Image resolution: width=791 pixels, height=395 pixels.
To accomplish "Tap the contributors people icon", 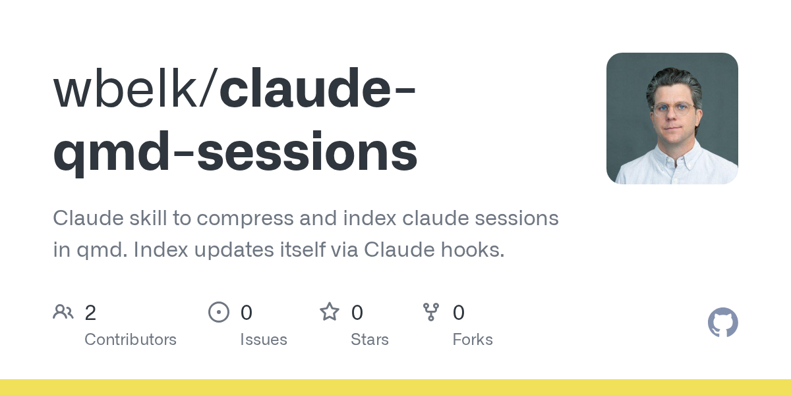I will pos(63,311).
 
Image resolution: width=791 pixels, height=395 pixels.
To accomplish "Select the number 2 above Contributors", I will pos(90,313).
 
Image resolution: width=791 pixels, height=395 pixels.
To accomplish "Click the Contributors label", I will pos(131,340).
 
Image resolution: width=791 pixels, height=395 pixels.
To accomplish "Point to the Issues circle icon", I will pos(218,312).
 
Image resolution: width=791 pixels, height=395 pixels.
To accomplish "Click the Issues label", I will pos(264,340).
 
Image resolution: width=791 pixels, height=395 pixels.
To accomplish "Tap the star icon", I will pos(329,311).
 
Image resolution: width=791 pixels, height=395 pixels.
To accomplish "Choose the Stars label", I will pos(370,340).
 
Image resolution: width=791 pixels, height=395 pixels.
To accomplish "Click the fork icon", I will pos(431,312).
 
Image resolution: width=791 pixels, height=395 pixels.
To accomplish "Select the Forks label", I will pos(473,340).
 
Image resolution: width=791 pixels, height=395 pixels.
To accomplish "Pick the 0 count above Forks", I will pos(459,313).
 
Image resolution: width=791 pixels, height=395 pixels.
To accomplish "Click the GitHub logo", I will pos(722,323).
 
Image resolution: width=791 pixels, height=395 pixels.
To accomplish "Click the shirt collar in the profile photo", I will pos(672,158).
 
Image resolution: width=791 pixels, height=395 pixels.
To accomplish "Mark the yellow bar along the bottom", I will pos(395,387).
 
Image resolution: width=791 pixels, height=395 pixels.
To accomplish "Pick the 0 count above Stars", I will pos(357,313).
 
